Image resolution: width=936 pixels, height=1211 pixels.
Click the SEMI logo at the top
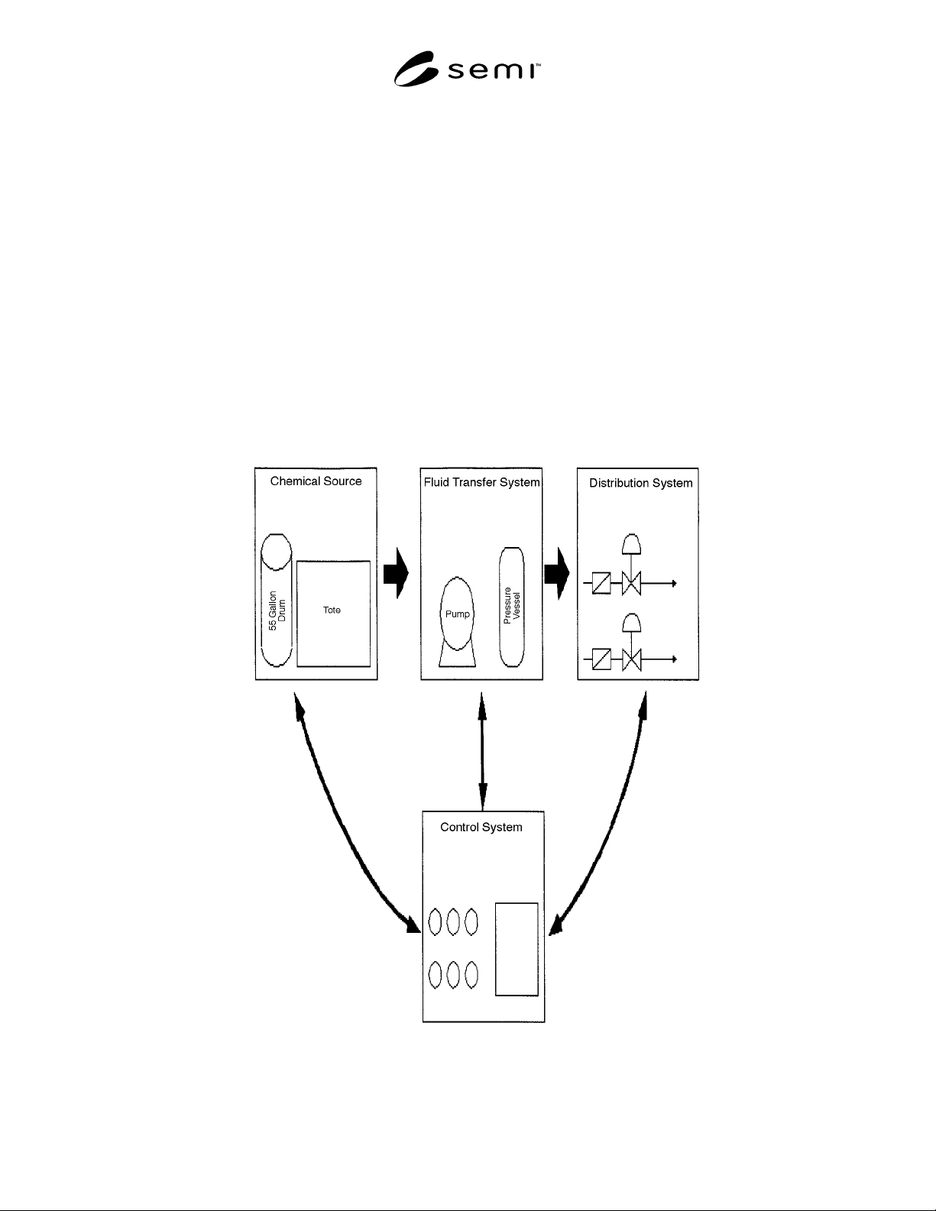click(467, 69)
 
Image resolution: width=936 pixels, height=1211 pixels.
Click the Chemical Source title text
click(316, 481)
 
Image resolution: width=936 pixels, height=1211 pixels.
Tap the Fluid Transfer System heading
click(482, 483)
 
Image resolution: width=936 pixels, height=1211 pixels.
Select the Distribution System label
click(641, 483)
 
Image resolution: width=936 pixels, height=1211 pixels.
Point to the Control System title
click(481, 827)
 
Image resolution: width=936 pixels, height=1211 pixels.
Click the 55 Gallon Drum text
click(277, 610)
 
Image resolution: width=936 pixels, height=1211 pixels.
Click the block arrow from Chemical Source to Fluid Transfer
click(396, 573)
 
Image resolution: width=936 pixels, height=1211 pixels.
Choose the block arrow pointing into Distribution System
click(557, 573)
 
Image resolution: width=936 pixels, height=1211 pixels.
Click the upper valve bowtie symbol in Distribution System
click(631, 584)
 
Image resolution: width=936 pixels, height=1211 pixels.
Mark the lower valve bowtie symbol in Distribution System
click(631, 660)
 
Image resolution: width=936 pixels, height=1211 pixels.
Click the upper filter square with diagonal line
click(601, 584)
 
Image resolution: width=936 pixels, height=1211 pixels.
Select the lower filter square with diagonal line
click(601, 659)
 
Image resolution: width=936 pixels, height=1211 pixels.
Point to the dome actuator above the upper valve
click(631, 544)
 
